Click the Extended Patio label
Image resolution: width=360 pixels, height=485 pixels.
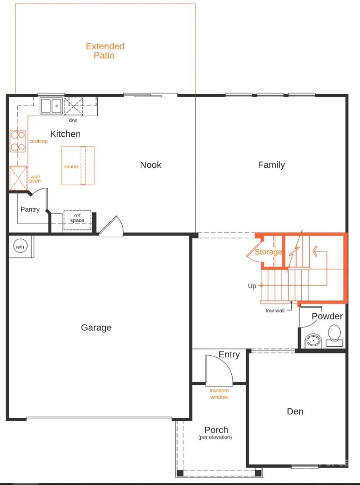click(x=105, y=51)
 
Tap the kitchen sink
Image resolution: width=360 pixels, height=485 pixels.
click(x=51, y=106)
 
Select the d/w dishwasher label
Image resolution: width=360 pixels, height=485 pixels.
click(x=73, y=120)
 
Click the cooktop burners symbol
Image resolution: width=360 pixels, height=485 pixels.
click(x=18, y=141)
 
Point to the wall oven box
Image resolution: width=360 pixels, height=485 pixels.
click(x=18, y=179)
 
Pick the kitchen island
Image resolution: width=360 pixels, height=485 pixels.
click(x=78, y=165)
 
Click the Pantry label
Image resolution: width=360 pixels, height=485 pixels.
click(x=30, y=209)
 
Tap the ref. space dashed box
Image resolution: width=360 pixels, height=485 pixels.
click(x=77, y=220)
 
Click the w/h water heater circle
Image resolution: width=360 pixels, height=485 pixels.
click(x=20, y=247)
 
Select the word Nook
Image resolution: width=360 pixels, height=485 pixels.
click(x=151, y=165)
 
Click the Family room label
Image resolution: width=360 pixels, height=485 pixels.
click(x=272, y=165)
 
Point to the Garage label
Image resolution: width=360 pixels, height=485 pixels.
click(x=96, y=327)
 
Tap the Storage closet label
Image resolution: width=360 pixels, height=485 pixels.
click(x=268, y=252)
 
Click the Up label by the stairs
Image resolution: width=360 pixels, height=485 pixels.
click(x=252, y=286)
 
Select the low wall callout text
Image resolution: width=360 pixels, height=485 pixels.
click(x=275, y=311)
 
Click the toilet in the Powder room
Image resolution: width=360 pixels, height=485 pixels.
click(x=334, y=335)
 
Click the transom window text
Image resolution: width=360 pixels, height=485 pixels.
click(x=219, y=394)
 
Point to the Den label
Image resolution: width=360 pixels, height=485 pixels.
click(x=295, y=411)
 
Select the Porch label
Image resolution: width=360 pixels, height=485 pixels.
click(x=216, y=430)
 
